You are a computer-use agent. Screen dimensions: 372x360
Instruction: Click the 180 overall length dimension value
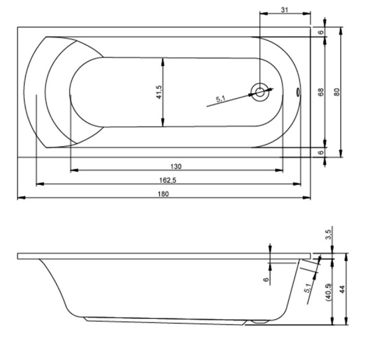[x=164, y=194]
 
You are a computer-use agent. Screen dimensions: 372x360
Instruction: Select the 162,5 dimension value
[x=168, y=180]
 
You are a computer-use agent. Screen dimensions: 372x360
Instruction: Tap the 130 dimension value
[x=176, y=166]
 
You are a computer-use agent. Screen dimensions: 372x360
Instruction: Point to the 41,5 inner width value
[x=159, y=92]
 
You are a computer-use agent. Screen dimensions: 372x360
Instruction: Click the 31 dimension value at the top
[x=285, y=10]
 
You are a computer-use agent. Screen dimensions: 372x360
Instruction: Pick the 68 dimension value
[x=321, y=92]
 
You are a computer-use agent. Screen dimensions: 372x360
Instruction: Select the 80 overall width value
[x=337, y=92]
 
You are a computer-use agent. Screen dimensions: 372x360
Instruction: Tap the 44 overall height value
[x=342, y=289]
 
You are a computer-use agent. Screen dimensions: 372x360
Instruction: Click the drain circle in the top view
[x=260, y=92]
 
